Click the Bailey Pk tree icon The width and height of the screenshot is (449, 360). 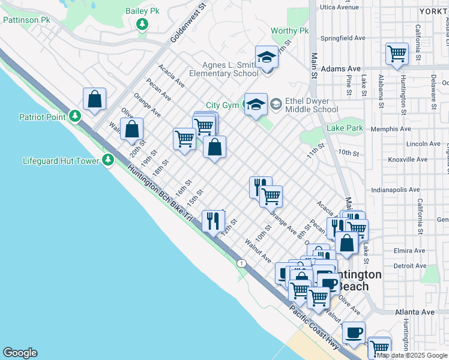[x=142, y=24]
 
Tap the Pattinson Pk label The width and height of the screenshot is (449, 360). [x=26, y=20]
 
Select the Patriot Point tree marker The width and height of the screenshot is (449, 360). [x=74, y=115]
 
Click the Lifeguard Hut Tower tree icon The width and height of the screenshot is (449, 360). [x=108, y=160]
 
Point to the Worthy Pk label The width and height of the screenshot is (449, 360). [x=289, y=31]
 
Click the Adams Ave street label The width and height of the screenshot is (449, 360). [x=340, y=69]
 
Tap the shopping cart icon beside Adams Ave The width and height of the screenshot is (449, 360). [x=397, y=53]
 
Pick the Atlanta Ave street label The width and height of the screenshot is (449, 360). [x=414, y=312]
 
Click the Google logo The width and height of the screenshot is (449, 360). [x=20, y=353]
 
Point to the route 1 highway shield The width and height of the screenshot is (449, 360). [x=241, y=263]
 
